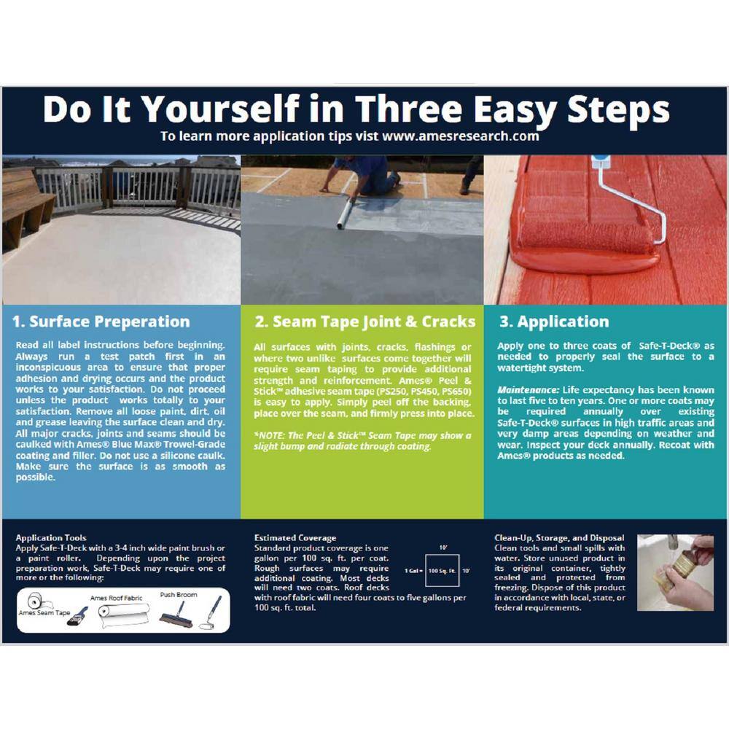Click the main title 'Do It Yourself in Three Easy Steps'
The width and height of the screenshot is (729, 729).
356,110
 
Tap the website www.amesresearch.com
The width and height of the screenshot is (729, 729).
460,136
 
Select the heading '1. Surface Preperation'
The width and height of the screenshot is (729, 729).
101,321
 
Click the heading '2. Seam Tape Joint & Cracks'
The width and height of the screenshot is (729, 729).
365,321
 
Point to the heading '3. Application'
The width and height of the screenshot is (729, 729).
554,321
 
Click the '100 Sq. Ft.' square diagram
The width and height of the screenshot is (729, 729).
443,571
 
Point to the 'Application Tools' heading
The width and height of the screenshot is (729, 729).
51,538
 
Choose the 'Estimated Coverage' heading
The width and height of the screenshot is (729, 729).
295,538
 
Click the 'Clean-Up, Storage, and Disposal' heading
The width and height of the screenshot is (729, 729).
559,538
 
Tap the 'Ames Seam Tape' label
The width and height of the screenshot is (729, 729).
44,613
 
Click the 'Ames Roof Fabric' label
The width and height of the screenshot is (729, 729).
116,598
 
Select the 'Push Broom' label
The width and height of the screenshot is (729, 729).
179,595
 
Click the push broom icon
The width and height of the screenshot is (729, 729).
176,616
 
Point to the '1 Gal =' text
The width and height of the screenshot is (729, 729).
413,571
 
